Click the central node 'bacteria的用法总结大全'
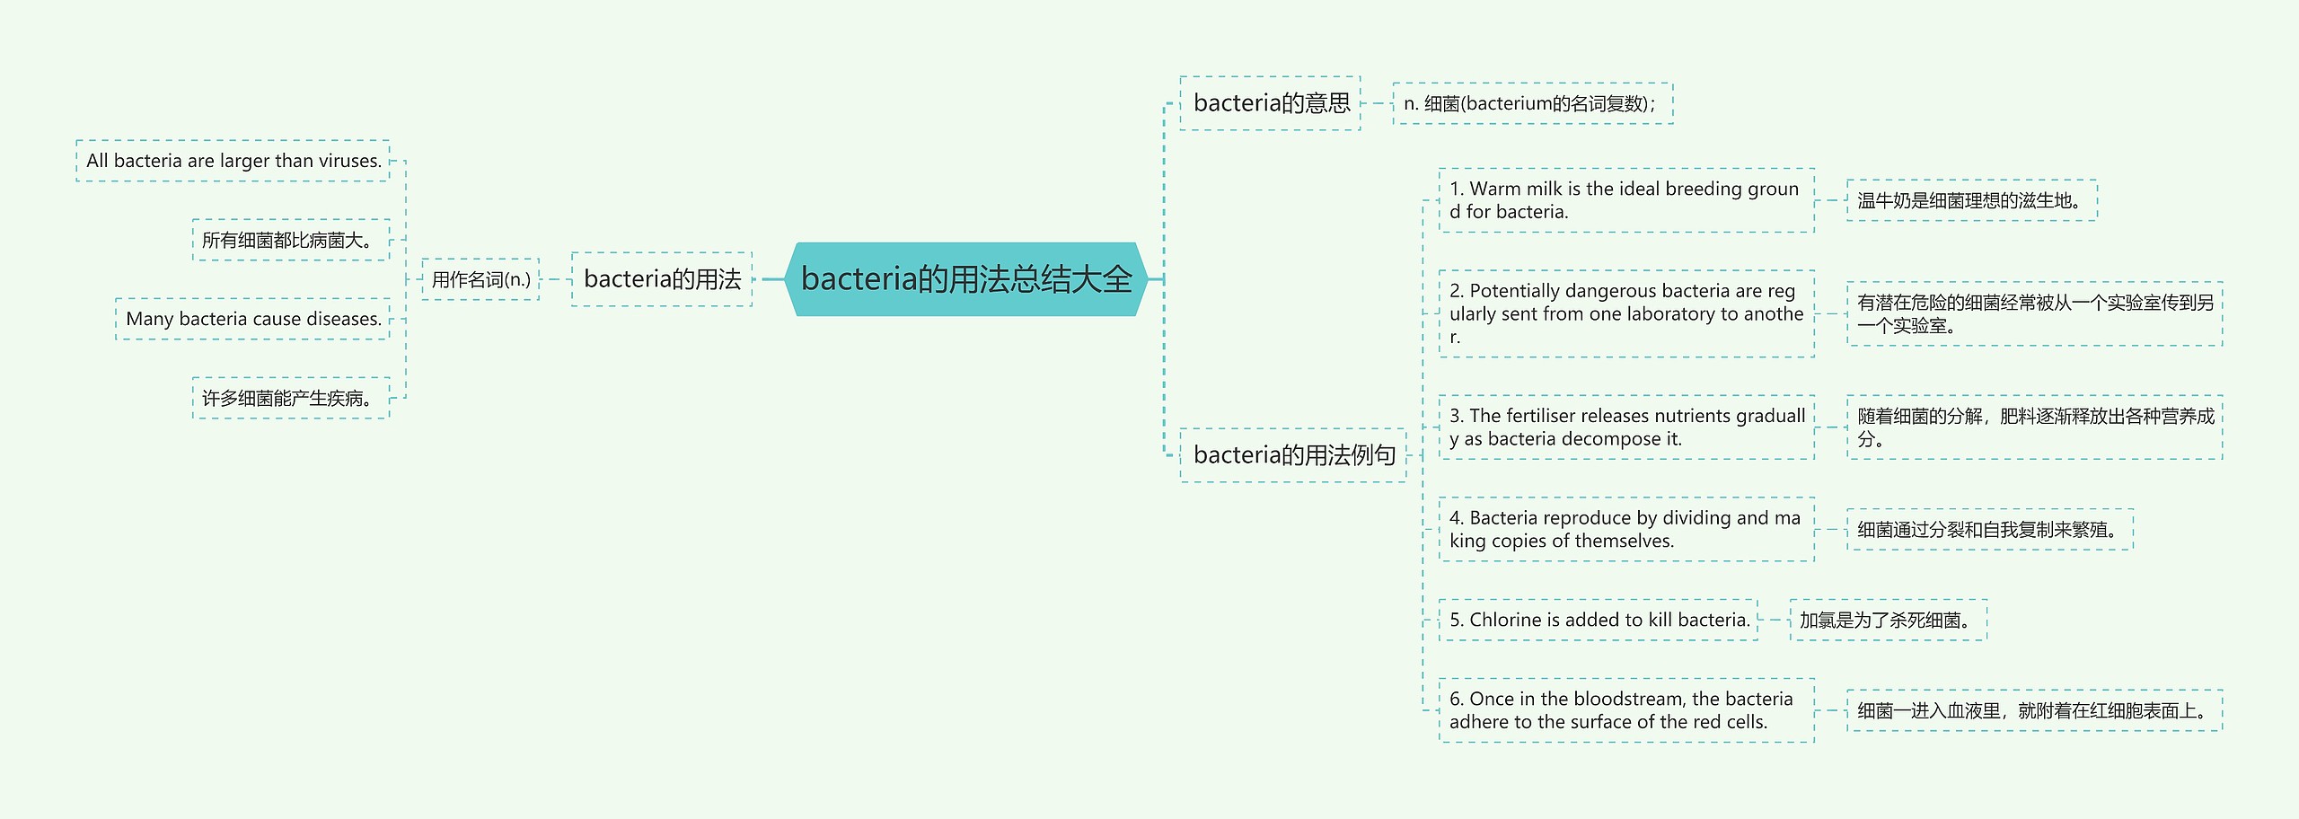click(x=966, y=279)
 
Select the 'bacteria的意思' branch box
click(x=1270, y=103)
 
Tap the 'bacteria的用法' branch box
click(x=662, y=279)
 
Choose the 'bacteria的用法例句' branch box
click(x=1293, y=455)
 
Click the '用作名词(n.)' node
click(x=480, y=279)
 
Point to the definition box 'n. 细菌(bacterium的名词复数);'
click(x=1532, y=103)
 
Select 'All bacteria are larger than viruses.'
click(x=233, y=161)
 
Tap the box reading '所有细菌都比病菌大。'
click(x=291, y=240)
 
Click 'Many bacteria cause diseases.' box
click(x=253, y=319)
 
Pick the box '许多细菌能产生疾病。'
click(x=291, y=398)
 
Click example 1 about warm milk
click(x=1625, y=200)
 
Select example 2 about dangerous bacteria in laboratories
click(x=1625, y=313)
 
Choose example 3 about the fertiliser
click(x=1625, y=427)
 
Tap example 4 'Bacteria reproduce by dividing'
click(x=1625, y=529)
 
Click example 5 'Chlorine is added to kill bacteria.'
click(x=1599, y=620)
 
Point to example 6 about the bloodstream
click(x=1625, y=710)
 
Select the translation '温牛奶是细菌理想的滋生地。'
click(x=1971, y=200)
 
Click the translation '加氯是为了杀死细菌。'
click(x=1888, y=620)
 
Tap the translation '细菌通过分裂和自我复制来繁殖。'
click(x=1989, y=529)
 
